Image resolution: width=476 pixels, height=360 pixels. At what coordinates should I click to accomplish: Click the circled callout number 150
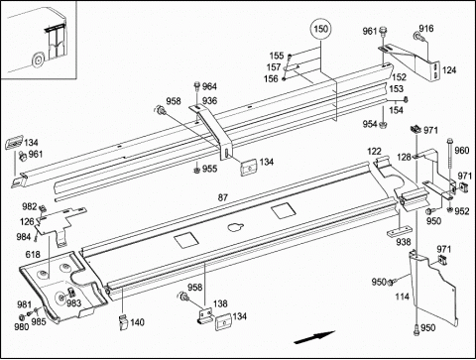click(x=321, y=29)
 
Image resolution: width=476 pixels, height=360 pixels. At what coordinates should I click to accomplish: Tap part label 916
click(x=426, y=29)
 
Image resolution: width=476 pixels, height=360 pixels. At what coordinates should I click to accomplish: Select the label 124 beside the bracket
click(x=449, y=70)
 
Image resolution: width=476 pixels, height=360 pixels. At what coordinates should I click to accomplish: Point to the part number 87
click(x=223, y=197)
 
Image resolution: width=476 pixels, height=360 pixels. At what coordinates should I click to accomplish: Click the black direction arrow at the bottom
click(x=314, y=337)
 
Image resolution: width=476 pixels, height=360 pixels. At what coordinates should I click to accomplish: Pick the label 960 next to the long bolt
click(x=462, y=151)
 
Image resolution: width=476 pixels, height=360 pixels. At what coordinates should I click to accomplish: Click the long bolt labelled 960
click(x=450, y=166)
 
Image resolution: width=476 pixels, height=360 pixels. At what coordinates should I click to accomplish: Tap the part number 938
click(x=404, y=242)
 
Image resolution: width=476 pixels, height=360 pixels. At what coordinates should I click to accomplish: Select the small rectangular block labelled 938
click(x=400, y=231)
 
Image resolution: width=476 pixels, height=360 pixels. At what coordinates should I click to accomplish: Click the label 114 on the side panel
click(x=402, y=297)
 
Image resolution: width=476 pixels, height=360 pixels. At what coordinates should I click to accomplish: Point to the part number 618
click(x=33, y=254)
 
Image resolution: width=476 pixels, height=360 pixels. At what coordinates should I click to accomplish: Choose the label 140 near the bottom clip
click(x=137, y=322)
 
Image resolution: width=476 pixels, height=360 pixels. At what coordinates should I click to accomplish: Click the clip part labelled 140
click(x=123, y=322)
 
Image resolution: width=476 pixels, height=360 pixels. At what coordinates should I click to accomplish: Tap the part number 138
click(x=220, y=303)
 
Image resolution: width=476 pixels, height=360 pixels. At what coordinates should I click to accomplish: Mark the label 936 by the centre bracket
click(x=209, y=100)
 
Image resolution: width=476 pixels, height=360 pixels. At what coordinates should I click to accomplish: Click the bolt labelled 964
click(x=197, y=86)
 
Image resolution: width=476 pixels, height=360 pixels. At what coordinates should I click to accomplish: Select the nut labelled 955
click(x=196, y=170)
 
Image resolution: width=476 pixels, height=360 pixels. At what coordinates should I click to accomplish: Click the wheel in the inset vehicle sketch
click(x=38, y=60)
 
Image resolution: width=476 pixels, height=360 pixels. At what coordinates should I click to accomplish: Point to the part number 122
click(x=374, y=152)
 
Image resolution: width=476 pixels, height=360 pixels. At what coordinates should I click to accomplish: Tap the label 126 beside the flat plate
click(x=27, y=221)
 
